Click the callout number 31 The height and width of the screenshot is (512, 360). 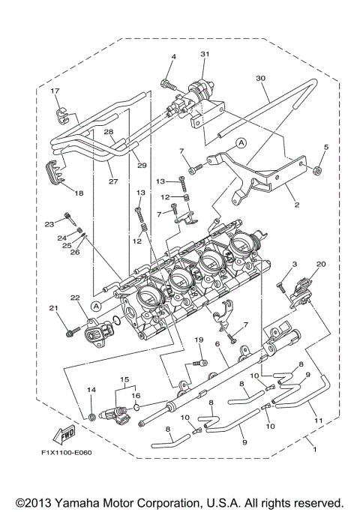pos(205,55)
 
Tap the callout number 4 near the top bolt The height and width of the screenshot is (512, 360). pos(172,57)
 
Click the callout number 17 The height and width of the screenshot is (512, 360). pos(54,91)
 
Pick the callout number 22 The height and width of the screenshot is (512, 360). pos(73,298)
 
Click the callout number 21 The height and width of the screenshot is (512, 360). pos(53,308)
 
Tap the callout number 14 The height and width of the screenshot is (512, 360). pos(91,390)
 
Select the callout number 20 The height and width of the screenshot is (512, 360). pos(321,265)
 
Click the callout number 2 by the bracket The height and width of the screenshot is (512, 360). pos(295,202)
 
